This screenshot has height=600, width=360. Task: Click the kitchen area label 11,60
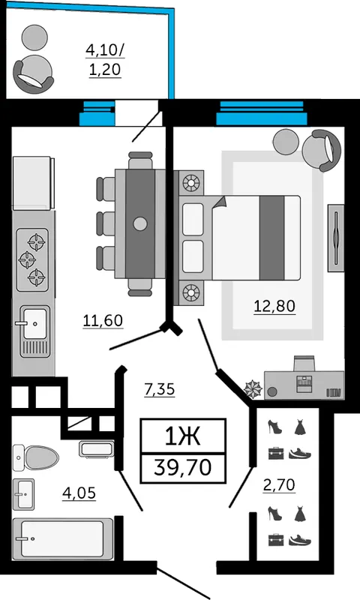pos(103,320)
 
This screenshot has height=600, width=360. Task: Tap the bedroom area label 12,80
pos(274,306)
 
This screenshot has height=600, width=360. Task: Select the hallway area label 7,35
pos(160,389)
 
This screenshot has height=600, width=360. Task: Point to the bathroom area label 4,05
pos(79,493)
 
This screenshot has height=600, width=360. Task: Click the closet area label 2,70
pos(279,484)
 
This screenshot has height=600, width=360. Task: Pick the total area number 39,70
pos(183,467)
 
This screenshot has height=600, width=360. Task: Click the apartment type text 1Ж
pos(182,436)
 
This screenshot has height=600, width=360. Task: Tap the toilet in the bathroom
pos(35,457)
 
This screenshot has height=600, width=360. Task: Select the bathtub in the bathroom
pos(63,538)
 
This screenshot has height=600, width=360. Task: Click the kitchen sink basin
pos(34,324)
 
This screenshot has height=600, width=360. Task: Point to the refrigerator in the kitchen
pos(33,183)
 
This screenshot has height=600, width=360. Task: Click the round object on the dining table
pos(140,223)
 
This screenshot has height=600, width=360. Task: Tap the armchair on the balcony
pos(34,74)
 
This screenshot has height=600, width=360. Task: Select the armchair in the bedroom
pos(321,151)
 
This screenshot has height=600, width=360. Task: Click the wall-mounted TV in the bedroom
pos(336,238)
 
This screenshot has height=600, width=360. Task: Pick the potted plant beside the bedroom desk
pos(253,388)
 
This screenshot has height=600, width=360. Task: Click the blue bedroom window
pos(262,113)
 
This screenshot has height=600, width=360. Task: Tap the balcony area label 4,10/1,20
pos(105,60)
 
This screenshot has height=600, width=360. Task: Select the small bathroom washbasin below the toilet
pos(24,494)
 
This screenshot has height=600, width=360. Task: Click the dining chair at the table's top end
pos(140,160)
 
